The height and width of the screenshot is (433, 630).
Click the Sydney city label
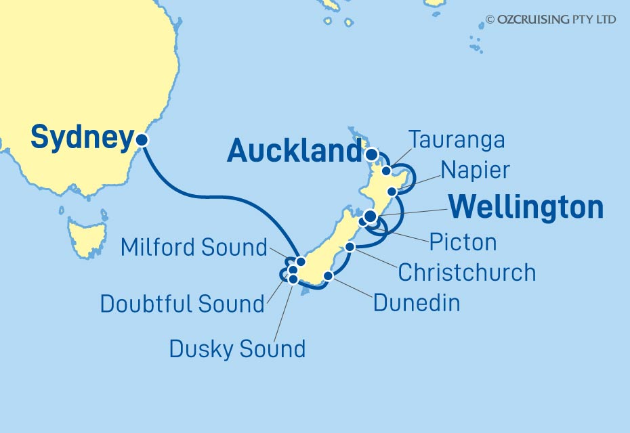pos(81,139)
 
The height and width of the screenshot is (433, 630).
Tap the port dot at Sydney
pos(142,140)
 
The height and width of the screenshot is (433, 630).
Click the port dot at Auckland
pos(371,154)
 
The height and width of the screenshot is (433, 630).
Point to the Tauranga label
pos(457,140)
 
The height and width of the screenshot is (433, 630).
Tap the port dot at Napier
pos(392,192)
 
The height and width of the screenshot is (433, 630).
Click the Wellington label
pos(526,208)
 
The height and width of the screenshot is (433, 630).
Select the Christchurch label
pos(467,273)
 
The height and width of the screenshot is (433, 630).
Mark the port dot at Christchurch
pos(350,247)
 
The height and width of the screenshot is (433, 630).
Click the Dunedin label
pos(417,302)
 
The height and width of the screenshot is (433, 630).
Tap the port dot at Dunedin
pos(328,275)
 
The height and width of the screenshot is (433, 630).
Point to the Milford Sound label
pos(194,248)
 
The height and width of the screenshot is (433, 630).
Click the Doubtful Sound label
pos(182,304)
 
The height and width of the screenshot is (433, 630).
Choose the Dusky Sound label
pos(237,349)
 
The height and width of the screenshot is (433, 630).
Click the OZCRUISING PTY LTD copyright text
pos(551,20)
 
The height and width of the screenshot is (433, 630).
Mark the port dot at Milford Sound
pos(301,261)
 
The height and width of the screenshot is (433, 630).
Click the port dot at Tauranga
pos(386,170)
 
